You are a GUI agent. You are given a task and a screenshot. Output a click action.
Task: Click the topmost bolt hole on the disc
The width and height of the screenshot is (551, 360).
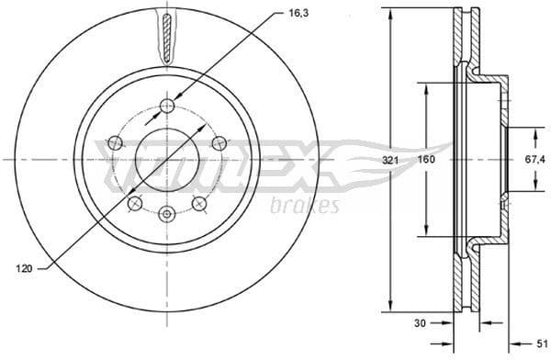point(166,107)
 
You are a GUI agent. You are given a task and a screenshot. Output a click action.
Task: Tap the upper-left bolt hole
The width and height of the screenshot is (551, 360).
point(115,142)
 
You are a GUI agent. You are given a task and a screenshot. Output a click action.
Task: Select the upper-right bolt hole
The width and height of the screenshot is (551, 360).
point(219,142)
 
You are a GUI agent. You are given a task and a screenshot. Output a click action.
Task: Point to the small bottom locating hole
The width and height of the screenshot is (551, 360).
point(166,214)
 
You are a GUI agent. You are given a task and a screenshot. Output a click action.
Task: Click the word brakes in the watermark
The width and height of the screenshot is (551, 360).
point(306,206)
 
